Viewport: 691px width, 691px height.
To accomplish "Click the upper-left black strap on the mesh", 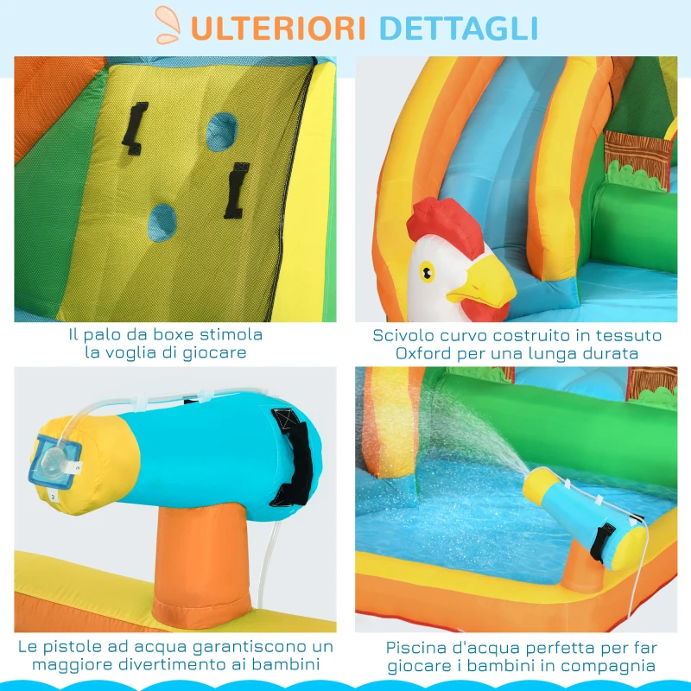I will [135, 128].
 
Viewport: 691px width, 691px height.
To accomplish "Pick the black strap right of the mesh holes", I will [234, 191].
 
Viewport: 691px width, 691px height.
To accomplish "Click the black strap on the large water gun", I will [294, 456].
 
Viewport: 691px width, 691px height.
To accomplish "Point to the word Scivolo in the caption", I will [404, 334].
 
